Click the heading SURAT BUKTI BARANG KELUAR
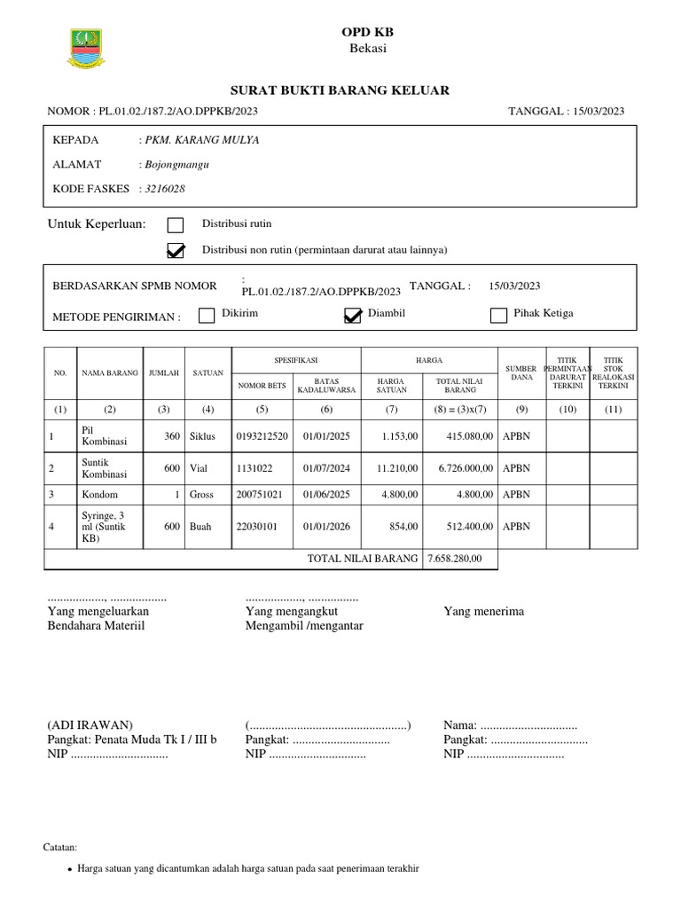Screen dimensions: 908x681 coord(340,90)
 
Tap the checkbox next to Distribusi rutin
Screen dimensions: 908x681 coord(176,224)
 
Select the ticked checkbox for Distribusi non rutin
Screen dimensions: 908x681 coord(176,251)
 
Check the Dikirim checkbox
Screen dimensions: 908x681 coord(207,315)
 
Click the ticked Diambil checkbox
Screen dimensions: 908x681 coord(353,316)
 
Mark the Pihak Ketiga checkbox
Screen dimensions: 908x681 coord(498,315)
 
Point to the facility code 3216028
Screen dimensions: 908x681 coord(166,189)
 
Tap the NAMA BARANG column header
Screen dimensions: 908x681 coord(110,373)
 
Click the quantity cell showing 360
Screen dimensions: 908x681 coord(171,436)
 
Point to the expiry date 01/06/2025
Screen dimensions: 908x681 coord(326,495)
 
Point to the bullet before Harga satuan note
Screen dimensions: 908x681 coord(70,869)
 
